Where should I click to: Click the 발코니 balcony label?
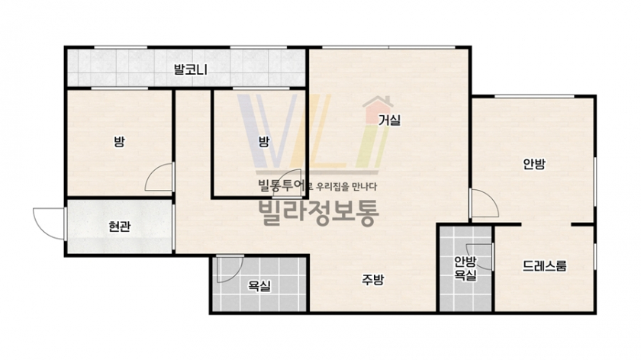191,69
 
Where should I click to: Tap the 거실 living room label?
389,121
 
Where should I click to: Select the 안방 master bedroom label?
534,164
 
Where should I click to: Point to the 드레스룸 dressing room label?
545,266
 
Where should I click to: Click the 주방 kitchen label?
373,279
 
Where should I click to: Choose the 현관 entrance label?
119,227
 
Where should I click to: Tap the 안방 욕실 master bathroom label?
465,268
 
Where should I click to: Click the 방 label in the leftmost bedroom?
119,142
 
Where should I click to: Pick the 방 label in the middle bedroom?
264,142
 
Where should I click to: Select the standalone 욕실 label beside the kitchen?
259,286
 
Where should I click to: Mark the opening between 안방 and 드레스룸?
546,225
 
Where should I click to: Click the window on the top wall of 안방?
534,96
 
